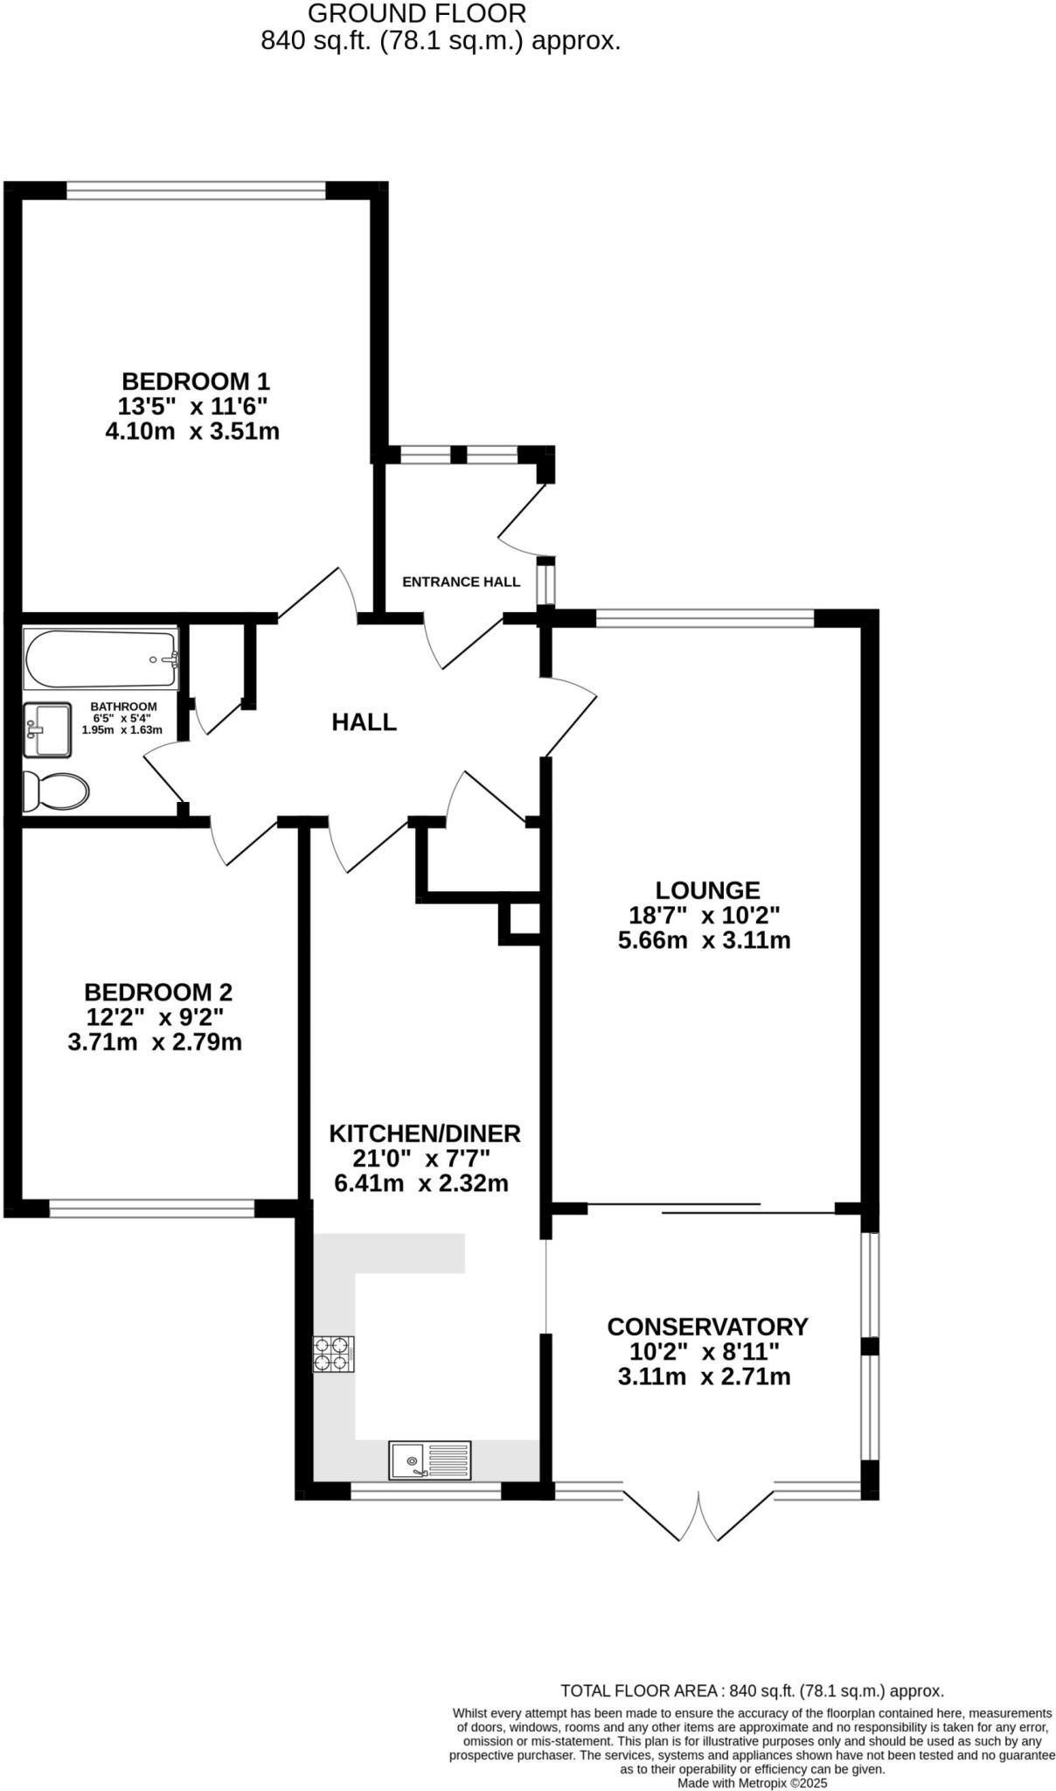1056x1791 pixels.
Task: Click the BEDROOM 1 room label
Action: (x=195, y=381)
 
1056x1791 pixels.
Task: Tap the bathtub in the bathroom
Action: (x=101, y=659)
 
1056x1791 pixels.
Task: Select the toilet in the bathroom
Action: (x=57, y=791)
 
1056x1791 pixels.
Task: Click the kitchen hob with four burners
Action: (x=333, y=1355)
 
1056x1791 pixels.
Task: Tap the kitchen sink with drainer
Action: (x=430, y=1460)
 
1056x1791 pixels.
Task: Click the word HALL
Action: (x=364, y=722)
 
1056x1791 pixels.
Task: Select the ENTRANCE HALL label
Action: (x=461, y=582)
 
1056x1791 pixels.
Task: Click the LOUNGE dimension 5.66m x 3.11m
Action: (x=704, y=941)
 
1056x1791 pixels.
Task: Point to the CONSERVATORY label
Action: (x=707, y=1327)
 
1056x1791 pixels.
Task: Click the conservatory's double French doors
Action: (x=699, y=1516)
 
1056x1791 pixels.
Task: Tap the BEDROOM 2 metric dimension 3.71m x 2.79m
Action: (x=155, y=1042)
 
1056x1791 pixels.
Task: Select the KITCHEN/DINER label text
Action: (x=424, y=1133)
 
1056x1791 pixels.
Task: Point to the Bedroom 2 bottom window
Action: (x=152, y=1209)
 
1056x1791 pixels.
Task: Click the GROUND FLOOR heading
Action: (x=417, y=13)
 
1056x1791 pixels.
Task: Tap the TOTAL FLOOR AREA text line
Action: (x=752, y=1691)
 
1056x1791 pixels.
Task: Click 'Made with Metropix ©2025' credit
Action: (x=752, y=1783)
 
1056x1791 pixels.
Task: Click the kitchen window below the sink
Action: (x=426, y=1491)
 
